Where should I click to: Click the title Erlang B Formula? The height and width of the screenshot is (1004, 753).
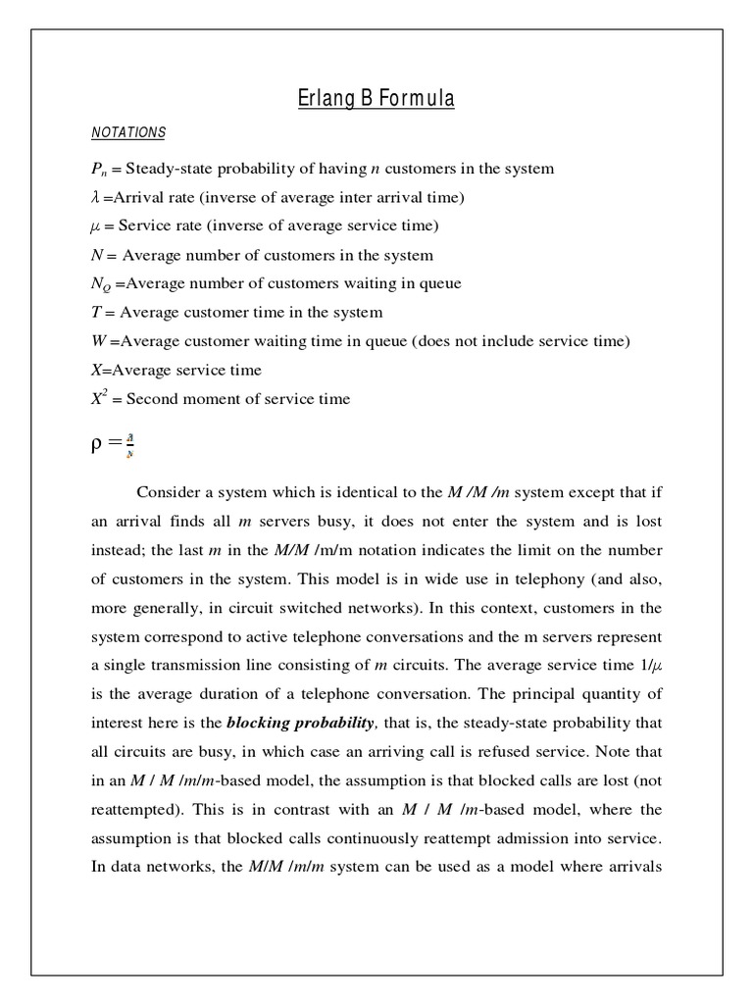tap(376, 99)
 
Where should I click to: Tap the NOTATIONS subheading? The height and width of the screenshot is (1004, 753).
tap(127, 132)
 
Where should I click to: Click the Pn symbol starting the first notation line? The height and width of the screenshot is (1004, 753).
tap(99, 170)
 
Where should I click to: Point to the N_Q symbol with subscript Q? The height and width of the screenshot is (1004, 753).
tap(100, 284)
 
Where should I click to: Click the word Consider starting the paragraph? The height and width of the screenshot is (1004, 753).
tap(169, 490)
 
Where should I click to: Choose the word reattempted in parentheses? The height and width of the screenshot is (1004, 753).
tap(133, 810)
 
